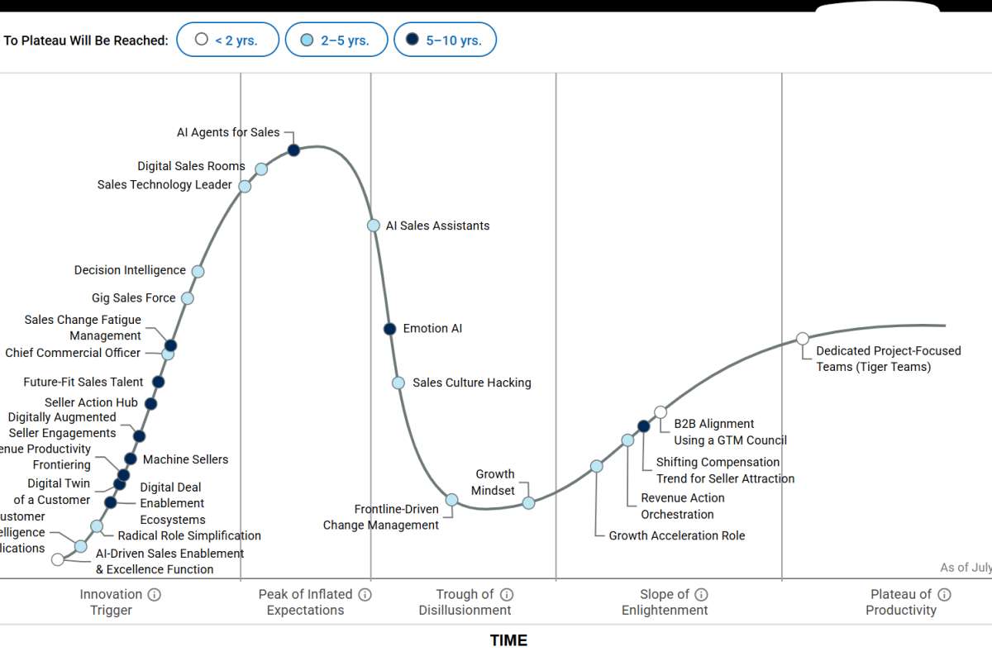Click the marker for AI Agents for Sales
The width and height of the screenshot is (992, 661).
click(293, 150)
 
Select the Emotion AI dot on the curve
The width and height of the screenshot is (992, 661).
click(390, 329)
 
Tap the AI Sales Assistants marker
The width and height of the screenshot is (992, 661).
click(374, 226)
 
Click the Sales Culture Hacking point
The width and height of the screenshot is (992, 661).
click(398, 383)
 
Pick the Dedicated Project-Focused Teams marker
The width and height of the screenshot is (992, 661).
click(803, 338)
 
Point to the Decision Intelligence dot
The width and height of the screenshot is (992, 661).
click(198, 271)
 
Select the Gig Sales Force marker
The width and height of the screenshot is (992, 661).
click(188, 298)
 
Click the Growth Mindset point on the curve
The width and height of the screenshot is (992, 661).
click(529, 502)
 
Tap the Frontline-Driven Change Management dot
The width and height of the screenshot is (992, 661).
click(451, 500)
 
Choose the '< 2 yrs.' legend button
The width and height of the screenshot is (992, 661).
click(227, 40)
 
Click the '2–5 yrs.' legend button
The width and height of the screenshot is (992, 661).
click(336, 40)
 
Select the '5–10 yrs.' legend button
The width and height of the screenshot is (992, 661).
click(445, 40)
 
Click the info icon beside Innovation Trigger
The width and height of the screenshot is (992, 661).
click(155, 594)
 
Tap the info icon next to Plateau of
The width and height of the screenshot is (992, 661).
click(944, 594)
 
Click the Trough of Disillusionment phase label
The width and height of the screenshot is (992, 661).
click(465, 602)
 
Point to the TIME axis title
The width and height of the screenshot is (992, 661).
click(508, 640)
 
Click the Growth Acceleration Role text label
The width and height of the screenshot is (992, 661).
click(677, 535)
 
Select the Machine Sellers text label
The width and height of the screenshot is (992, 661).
click(185, 459)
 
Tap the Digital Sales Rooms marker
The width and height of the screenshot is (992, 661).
click(261, 169)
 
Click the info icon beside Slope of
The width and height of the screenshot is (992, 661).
click(701, 594)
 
